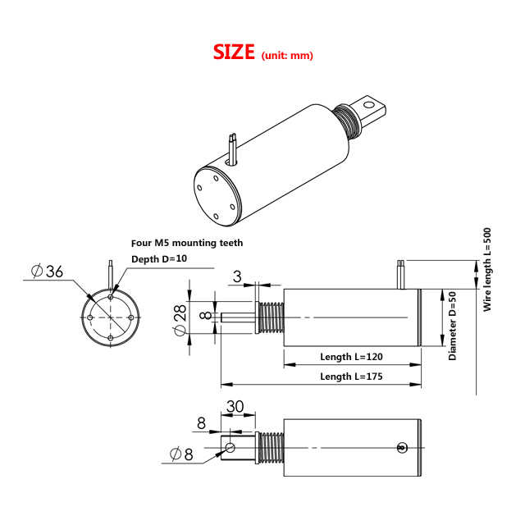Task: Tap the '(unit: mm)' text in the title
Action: [287, 56]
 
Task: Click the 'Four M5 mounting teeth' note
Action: [188, 243]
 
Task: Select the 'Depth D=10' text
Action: [160, 259]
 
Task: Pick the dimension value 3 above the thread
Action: [237, 276]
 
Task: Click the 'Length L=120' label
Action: [351, 358]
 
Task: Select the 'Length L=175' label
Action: [351, 377]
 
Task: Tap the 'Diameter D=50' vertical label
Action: [452, 324]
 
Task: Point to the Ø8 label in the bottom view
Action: [181, 454]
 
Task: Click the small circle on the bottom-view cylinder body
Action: [401, 448]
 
